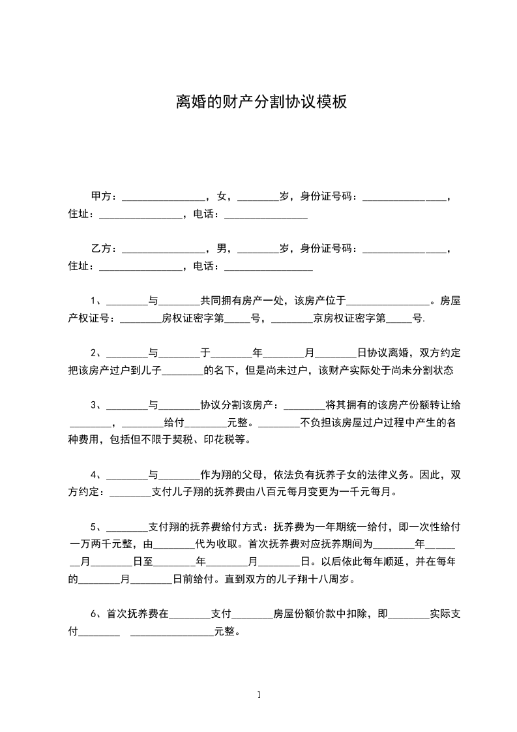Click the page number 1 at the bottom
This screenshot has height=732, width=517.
259,694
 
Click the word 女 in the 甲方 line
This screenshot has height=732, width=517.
222,196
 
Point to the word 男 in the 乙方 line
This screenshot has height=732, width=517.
222,249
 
